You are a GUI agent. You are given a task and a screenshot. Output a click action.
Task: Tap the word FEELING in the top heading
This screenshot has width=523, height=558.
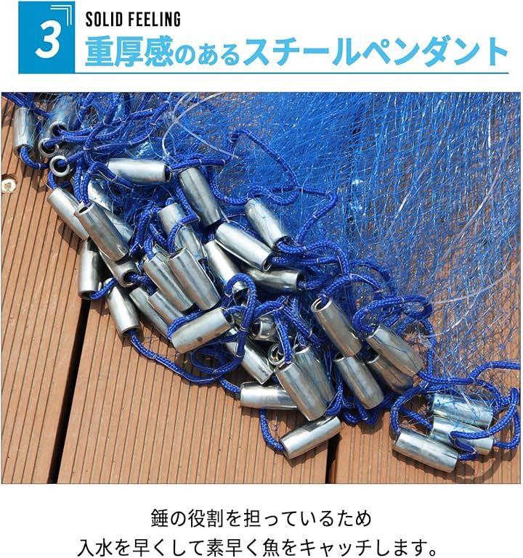click(157, 19)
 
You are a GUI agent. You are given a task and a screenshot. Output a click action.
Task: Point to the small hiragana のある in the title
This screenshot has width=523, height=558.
click(207, 54)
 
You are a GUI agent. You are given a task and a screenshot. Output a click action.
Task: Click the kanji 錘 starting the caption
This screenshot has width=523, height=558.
click(159, 518)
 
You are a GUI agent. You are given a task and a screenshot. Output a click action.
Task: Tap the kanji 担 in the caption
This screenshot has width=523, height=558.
click(255, 518)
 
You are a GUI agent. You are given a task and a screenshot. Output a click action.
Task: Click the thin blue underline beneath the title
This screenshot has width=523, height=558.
click(291, 73)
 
